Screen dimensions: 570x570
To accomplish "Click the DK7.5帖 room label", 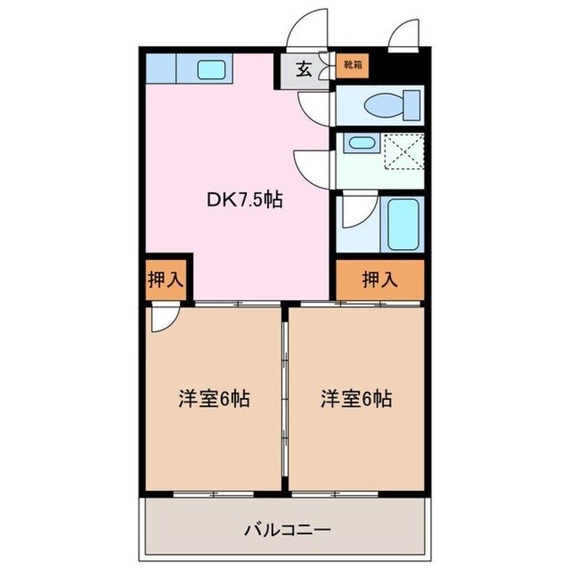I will (x=244, y=200).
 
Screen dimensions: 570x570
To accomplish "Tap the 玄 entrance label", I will (x=304, y=69).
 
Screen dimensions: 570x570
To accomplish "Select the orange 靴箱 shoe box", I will (x=352, y=66).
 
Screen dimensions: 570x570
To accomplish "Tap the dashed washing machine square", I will (x=404, y=152).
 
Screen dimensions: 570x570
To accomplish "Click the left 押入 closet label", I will (x=166, y=279).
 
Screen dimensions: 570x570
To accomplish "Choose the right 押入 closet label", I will (x=379, y=278).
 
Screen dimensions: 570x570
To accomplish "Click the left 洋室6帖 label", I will (x=214, y=400).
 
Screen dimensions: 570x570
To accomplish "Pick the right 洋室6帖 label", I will (x=356, y=400).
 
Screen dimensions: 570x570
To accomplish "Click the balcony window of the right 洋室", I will (x=334, y=495).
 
